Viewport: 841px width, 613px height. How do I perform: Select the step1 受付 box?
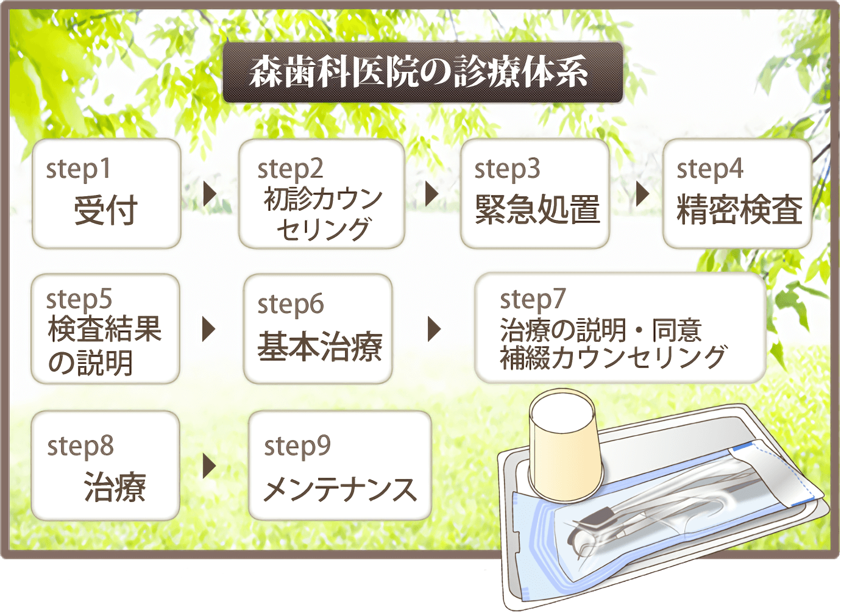pos(107,193)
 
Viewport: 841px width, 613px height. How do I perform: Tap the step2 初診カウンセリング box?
pos(322,193)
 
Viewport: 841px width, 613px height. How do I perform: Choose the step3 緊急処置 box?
pos(534,193)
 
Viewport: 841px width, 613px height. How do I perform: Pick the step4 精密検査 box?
pos(737,193)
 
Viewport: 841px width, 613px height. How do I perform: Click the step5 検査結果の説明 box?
pos(105,328)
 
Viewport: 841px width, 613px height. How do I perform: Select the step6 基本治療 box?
pos(318,328)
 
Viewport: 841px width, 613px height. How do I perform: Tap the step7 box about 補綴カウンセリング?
pos(620,328)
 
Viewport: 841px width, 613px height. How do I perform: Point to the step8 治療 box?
pos(105,466)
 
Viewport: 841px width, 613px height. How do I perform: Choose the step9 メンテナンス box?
pos(340,466)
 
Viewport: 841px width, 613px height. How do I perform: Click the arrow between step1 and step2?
pos(210,194)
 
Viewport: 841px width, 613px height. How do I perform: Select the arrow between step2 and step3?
pos(431,194)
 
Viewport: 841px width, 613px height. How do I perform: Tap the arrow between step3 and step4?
pos(643,194)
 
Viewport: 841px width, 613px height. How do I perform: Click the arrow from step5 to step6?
pos(209,329)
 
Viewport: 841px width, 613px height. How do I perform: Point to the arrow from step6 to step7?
pos(435,329)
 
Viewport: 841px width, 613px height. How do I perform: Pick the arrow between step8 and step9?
pos(210,466)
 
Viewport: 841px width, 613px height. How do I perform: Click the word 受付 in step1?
pos(105,210)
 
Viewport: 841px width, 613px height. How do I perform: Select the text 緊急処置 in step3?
pos(538,210)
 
